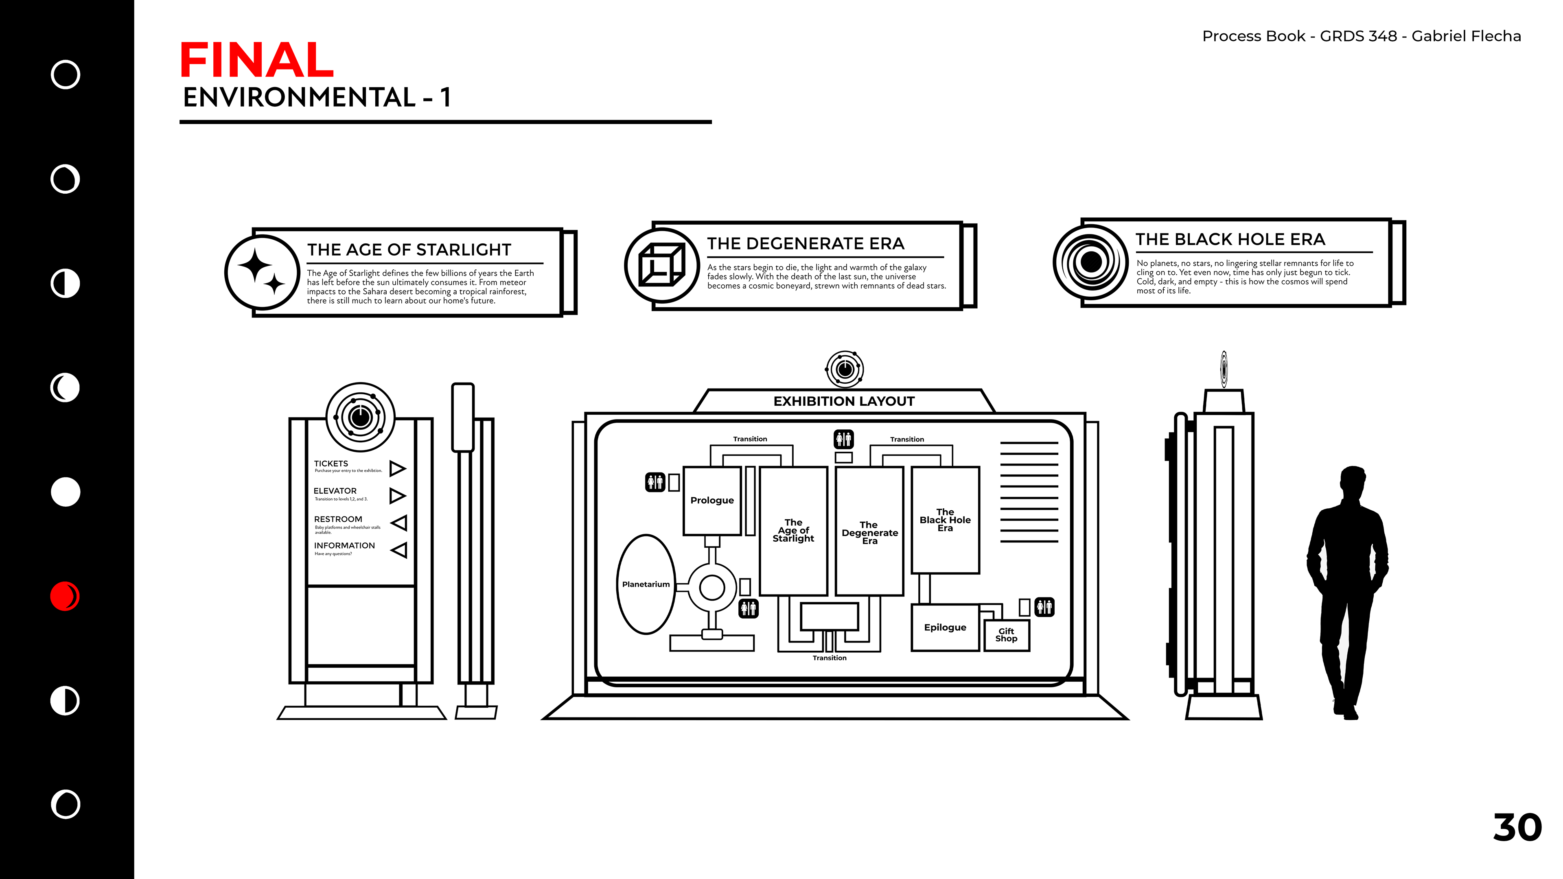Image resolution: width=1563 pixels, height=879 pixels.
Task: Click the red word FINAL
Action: tap(257, 60)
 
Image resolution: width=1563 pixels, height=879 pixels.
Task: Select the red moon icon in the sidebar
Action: tap(65, 596)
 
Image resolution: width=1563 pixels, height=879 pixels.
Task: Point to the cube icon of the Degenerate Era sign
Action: tap(661, 265)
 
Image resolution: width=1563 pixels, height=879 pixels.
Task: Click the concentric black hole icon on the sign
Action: tap(1090, 262)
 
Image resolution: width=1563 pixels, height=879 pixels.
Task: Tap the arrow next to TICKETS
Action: tap(397, 468)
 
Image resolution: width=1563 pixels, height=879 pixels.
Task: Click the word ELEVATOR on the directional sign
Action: tap(335, 491)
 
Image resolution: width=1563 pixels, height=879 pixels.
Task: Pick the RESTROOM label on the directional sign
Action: tap(338, 519)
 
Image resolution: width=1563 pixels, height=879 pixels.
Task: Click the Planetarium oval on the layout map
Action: tap(646, 584)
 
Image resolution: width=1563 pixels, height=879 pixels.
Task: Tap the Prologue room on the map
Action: tap(712, 501)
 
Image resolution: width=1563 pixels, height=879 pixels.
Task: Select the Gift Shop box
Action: tap(1006, 635)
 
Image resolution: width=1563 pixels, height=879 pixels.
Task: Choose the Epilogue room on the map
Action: tap(945, 627)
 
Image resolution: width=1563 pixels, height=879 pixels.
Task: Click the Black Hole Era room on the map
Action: tap(945, 520)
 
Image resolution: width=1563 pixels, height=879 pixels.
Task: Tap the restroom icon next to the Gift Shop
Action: tap(1044, 607)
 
